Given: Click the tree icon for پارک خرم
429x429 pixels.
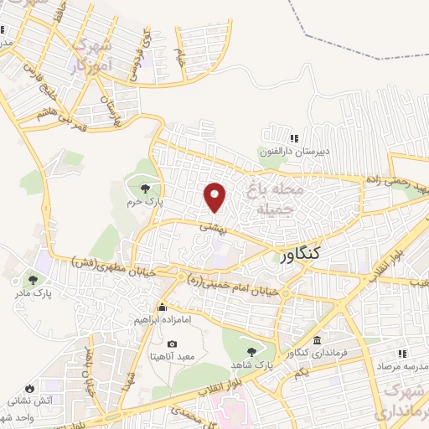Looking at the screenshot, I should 147,187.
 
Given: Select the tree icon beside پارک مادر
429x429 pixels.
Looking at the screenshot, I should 33,279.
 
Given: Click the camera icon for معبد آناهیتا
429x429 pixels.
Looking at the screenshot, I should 172,344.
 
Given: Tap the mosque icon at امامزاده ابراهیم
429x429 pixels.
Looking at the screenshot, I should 163,308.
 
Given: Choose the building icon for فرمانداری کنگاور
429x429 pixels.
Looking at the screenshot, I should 317,340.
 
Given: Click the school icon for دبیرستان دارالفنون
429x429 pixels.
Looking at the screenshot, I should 293,139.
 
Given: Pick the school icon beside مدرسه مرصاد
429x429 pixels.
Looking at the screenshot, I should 403,354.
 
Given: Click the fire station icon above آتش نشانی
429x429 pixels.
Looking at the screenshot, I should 30,388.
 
